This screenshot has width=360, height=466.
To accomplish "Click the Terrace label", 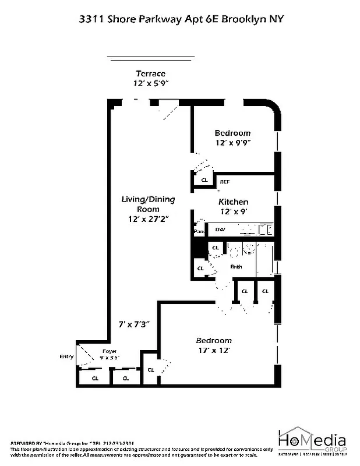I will [x=150, y=73].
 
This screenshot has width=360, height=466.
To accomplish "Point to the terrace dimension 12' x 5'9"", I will [x=150, y=83].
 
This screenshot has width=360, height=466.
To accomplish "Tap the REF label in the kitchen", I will [x=224, y=182].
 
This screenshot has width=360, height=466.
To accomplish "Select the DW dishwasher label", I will [x=220, y=230].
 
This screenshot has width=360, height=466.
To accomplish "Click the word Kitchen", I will [x=233, y=202].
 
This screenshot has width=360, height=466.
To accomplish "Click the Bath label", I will [x=236, y=267].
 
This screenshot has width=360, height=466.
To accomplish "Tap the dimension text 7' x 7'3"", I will [x=135, y=323].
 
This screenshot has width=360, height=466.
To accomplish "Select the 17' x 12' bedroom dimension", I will [x=213, y=351].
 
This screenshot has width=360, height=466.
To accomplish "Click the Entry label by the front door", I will [x=66, y=356].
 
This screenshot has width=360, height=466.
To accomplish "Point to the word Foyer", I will [x=110, y=352].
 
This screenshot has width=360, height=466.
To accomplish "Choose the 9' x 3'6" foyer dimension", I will [x=110, y=359].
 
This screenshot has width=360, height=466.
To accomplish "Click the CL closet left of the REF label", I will [x=204, y=181].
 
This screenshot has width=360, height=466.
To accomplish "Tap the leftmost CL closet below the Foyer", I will [x=94, y=379].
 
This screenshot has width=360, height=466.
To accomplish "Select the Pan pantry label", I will [x=199, y=231].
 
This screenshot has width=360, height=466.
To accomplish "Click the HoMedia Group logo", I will [x=312, y=443].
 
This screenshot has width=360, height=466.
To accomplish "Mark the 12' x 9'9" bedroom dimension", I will [x=232, y=142].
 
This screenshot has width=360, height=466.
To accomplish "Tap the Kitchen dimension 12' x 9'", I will [x=233, y=211].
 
